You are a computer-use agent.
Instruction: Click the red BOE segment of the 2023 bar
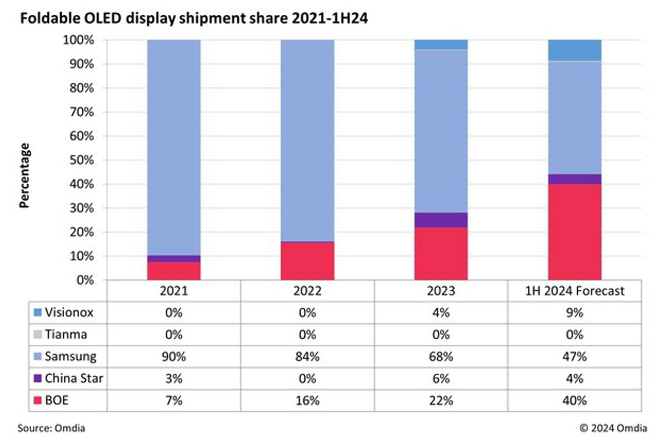pyautogui.click(x=441, y=254)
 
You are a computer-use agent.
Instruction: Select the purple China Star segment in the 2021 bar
pyautogui.click(x=174, y=258)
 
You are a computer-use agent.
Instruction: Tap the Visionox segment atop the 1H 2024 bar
pyautogui.click(x=574, y=50)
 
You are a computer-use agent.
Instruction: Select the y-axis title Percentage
pyautogui.click(x=24, y=175)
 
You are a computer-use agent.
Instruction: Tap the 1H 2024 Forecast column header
pyautogui.click(x=574, y=291)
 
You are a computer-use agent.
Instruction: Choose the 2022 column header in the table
pyautogui.click(x=308, y=291)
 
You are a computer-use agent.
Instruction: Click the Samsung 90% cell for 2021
pyautogui.click(x=174, y=357)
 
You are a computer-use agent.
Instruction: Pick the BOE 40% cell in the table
pyautogui.click(x=574, y=401)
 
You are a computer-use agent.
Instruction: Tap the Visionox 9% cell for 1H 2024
pyautogui.click(x=574, y=313)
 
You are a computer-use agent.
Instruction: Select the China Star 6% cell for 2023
pyautogui.click(x=441, y=379)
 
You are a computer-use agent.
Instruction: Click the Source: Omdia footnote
pyautogui.click(x=52, y=427)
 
